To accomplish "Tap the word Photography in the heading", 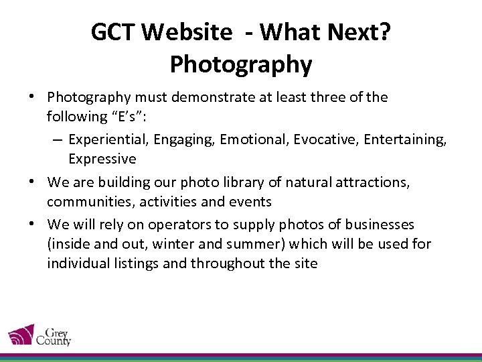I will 241,64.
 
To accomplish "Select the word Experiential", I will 108,139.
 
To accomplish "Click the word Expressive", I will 102,159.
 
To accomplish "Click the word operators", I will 179,225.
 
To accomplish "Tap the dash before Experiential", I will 56,139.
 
